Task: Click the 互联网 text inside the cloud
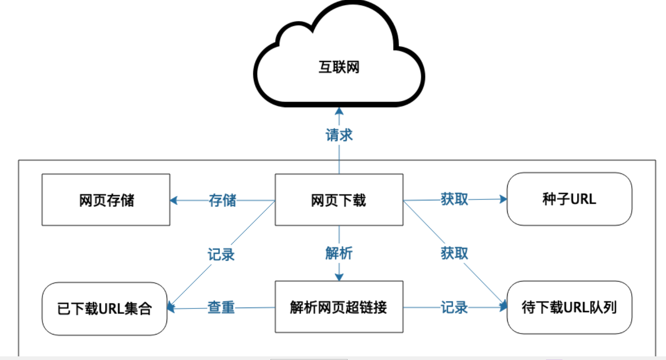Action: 338,68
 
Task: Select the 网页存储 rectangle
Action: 106,200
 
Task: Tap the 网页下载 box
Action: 338,200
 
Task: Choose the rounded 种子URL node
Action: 569,199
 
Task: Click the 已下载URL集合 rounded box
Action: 104,309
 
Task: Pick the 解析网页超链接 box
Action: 338,307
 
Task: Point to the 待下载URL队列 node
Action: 569,308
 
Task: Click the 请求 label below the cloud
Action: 339,135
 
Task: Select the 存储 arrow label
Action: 223,200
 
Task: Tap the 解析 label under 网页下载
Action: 339,253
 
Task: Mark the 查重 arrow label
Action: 221,308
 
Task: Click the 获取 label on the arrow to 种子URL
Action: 454,199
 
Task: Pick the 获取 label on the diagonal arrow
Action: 454,253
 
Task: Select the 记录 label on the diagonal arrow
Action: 221,254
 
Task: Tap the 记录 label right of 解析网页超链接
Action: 454,308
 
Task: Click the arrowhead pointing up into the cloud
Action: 339,110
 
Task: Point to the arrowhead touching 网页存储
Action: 174,200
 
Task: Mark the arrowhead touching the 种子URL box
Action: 503,199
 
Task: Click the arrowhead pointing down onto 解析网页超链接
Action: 339,277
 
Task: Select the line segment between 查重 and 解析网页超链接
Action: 255,308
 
